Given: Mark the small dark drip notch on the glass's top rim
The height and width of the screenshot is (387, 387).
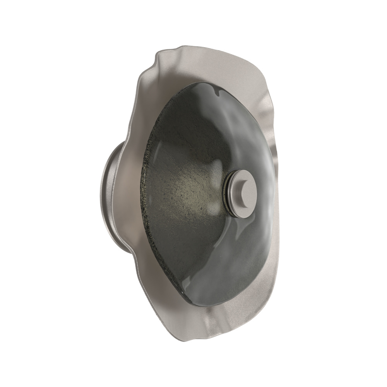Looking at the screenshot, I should tap(219, 92).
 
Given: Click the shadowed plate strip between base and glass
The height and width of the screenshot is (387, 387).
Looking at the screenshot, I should tap(134, 193).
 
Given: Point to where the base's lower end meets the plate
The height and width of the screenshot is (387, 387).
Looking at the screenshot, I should tap(126, 248).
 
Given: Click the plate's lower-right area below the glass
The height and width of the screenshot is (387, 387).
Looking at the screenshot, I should tap(248, 310).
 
